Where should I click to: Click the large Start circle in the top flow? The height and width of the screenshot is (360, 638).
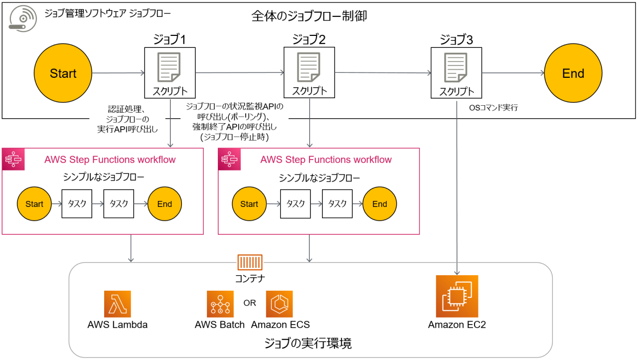(63, 73)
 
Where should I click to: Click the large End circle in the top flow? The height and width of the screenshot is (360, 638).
(573, 73)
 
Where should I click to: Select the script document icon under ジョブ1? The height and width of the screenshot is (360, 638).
(169, 67)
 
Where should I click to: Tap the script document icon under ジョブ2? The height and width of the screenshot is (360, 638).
(309, 67)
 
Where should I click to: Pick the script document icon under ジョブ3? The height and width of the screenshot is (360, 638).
(457, 67)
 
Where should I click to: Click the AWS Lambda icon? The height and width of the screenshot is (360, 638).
(118, 304)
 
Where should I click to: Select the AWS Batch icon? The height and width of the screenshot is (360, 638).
(220, 304)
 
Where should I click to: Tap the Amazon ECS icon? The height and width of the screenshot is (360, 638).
(280, 304)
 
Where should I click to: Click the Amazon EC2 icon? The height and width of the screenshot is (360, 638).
(457, 296)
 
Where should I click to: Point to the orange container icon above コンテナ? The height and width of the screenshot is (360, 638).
(250, 262)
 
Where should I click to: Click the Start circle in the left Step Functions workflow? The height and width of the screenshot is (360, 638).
(34, 204)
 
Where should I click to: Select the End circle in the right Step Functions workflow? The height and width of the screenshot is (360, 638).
(380, 204)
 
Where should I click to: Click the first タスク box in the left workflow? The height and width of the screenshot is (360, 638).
(77, 204)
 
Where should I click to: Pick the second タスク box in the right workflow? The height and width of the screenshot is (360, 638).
(337, 204)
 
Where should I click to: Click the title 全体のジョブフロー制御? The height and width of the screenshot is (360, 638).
(309, 16)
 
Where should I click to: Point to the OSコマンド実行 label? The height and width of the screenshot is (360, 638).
(493, 107)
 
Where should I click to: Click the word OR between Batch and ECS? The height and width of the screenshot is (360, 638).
(250, 303)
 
